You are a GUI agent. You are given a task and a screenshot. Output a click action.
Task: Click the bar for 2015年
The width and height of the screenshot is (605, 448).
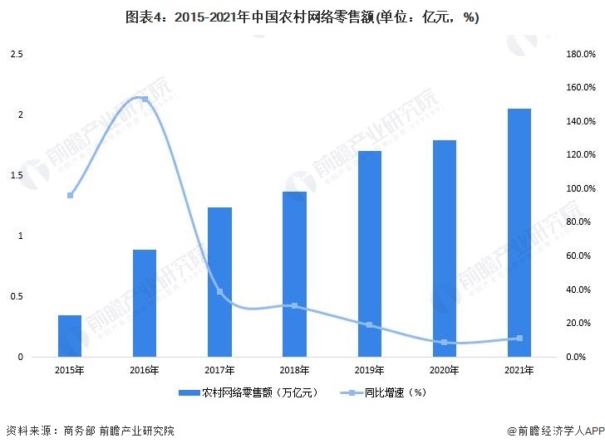70,336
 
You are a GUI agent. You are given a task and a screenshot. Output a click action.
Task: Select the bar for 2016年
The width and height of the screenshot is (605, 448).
145,303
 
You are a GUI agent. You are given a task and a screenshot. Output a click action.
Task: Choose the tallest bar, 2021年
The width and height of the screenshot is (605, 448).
519,232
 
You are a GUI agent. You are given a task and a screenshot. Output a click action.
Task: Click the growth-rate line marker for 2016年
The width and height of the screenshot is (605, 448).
145,100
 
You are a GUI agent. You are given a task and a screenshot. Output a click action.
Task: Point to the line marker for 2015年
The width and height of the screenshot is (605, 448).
70,196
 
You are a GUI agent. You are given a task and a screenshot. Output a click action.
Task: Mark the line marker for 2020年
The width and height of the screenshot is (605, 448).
444,342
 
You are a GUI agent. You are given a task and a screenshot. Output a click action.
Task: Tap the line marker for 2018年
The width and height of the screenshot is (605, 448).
294,305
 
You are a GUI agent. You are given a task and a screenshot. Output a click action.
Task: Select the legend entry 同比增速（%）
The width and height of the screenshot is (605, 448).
383,392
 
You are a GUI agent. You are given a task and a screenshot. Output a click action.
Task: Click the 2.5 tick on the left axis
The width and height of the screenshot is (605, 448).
16,54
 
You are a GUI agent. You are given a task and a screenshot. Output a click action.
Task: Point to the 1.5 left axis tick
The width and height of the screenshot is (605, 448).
16,175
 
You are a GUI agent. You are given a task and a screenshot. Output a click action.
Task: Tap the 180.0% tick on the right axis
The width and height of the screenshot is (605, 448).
580,54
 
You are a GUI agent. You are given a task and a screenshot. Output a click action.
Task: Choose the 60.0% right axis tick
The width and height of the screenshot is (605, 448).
580,256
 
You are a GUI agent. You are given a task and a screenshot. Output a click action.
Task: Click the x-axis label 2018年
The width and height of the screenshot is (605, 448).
294,370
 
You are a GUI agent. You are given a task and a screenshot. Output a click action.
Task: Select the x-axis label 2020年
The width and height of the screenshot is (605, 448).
444,370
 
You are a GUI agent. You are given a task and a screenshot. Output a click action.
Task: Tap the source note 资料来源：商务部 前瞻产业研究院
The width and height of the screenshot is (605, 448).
90,431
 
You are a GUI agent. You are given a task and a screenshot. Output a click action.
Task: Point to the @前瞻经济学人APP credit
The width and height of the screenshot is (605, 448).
554,431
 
